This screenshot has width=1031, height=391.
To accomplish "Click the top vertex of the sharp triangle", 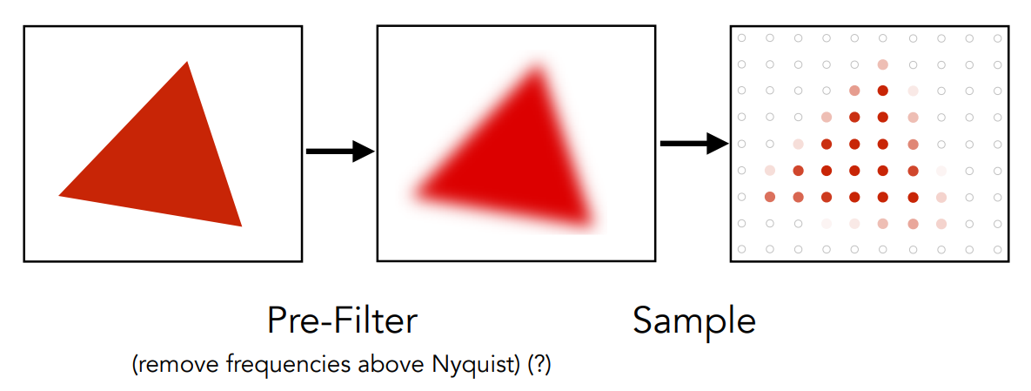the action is click(186, 64).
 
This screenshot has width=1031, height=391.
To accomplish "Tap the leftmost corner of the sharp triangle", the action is click(61, 195).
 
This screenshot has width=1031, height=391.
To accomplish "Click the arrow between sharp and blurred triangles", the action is click(339, 152).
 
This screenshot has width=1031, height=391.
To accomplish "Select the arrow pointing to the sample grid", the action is click(693, 143).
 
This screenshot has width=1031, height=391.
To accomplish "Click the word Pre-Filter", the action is click(342, 321).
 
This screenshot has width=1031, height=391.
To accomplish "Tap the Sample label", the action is click(694, 321).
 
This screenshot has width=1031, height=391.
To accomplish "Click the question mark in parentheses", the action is click(539, 365).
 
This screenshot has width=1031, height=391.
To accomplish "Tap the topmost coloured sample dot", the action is click(883, 64).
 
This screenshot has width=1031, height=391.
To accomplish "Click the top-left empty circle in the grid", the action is click(741, 38).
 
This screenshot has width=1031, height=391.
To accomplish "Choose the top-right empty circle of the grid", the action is click(997, 38).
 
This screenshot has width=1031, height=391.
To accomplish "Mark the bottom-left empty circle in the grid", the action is click(741, 250).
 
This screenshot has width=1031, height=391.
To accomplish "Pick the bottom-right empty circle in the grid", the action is click(997, 250).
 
